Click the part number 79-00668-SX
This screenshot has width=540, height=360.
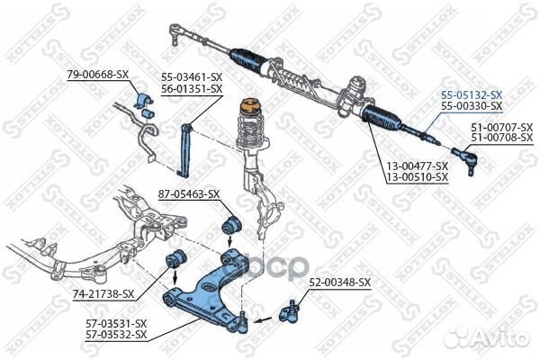(97, 74)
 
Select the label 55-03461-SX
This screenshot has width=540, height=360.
(193, 76)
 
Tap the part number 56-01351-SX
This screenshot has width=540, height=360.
(193, 89)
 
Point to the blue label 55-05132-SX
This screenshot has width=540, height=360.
(472, 94)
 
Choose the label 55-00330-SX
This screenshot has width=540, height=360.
(472, 106)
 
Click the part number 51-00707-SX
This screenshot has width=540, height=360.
(502, 127)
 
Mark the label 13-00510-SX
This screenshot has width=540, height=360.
(418, 177)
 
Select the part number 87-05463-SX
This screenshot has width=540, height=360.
(189, 194)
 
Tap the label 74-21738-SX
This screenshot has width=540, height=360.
(103, 294)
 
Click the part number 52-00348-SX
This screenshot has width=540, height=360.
(340, 283)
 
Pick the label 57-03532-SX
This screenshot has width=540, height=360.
(116, 335)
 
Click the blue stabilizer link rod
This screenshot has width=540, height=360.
(184, 150)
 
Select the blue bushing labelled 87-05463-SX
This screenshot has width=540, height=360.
(231, 224)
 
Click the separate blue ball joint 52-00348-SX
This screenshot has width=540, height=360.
(290, 312)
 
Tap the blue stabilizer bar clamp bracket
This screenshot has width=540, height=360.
(145, 102)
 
